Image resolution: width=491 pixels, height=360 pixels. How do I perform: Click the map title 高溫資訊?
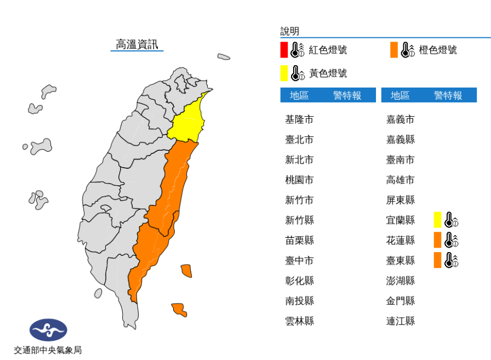[x=137, y=44]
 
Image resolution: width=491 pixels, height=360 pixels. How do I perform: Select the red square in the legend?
[x=284, y=50]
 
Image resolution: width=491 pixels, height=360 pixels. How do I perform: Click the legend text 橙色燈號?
[x=438, y=50]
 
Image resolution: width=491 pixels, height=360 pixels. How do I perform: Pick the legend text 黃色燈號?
[x=328, y=73]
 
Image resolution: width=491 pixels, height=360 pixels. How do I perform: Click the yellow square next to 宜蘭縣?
[x=437, y=220]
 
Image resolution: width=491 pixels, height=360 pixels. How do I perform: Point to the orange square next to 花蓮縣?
[x=437, y=240]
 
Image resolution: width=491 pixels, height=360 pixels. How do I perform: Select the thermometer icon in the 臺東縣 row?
[x=452, y=260]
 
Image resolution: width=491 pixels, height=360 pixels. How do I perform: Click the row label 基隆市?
[x=299, y=119]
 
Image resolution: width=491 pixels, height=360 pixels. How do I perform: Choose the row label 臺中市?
[x=299, y=260]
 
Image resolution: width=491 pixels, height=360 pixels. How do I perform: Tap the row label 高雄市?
[x=400, y=180]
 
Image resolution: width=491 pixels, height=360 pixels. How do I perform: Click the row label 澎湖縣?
[x=400, y=281]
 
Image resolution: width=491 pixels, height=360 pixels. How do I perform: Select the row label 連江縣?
[x=400, y=321]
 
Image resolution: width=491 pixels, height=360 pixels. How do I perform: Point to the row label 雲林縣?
[x=299, y=321]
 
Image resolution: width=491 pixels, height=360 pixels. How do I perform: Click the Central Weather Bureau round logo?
[x=48, y=330]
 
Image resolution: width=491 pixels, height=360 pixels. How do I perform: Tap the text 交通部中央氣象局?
[x=48, y=350]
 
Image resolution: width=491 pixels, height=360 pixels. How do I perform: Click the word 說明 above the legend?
[x=290, y=31]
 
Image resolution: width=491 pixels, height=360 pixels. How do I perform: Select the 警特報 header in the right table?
[x=448, y=95]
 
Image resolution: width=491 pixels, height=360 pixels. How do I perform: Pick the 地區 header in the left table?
[x=299, y=95]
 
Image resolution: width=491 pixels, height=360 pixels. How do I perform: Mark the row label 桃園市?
[x=299, y=180]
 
